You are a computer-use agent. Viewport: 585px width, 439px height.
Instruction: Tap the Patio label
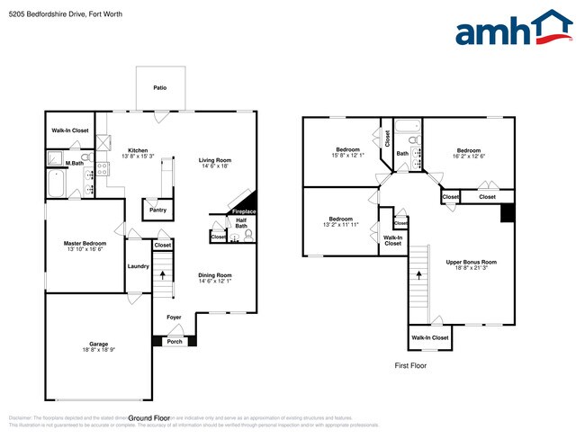tap(159, 88)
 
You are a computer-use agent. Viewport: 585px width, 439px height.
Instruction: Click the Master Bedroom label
tap(85, 244)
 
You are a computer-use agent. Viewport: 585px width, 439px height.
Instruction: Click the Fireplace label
tap(244, 211)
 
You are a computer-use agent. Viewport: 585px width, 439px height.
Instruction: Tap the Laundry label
tap(138, 265)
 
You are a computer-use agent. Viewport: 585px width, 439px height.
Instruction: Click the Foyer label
tap(173, 318)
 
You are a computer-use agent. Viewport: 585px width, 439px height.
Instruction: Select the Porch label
tap(175, 341)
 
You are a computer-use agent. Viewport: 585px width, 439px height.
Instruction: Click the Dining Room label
tap(215, 275)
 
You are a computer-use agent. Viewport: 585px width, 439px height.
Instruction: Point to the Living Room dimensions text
tap(215, 166)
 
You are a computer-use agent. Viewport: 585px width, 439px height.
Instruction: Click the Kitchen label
tap(138, 151)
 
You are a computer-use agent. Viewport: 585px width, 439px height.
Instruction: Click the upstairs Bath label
tap(402, 154)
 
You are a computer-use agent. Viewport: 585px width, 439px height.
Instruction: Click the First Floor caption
tap(410, 366)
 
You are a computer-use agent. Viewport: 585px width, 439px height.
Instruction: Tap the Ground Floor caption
tap(149, 418)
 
